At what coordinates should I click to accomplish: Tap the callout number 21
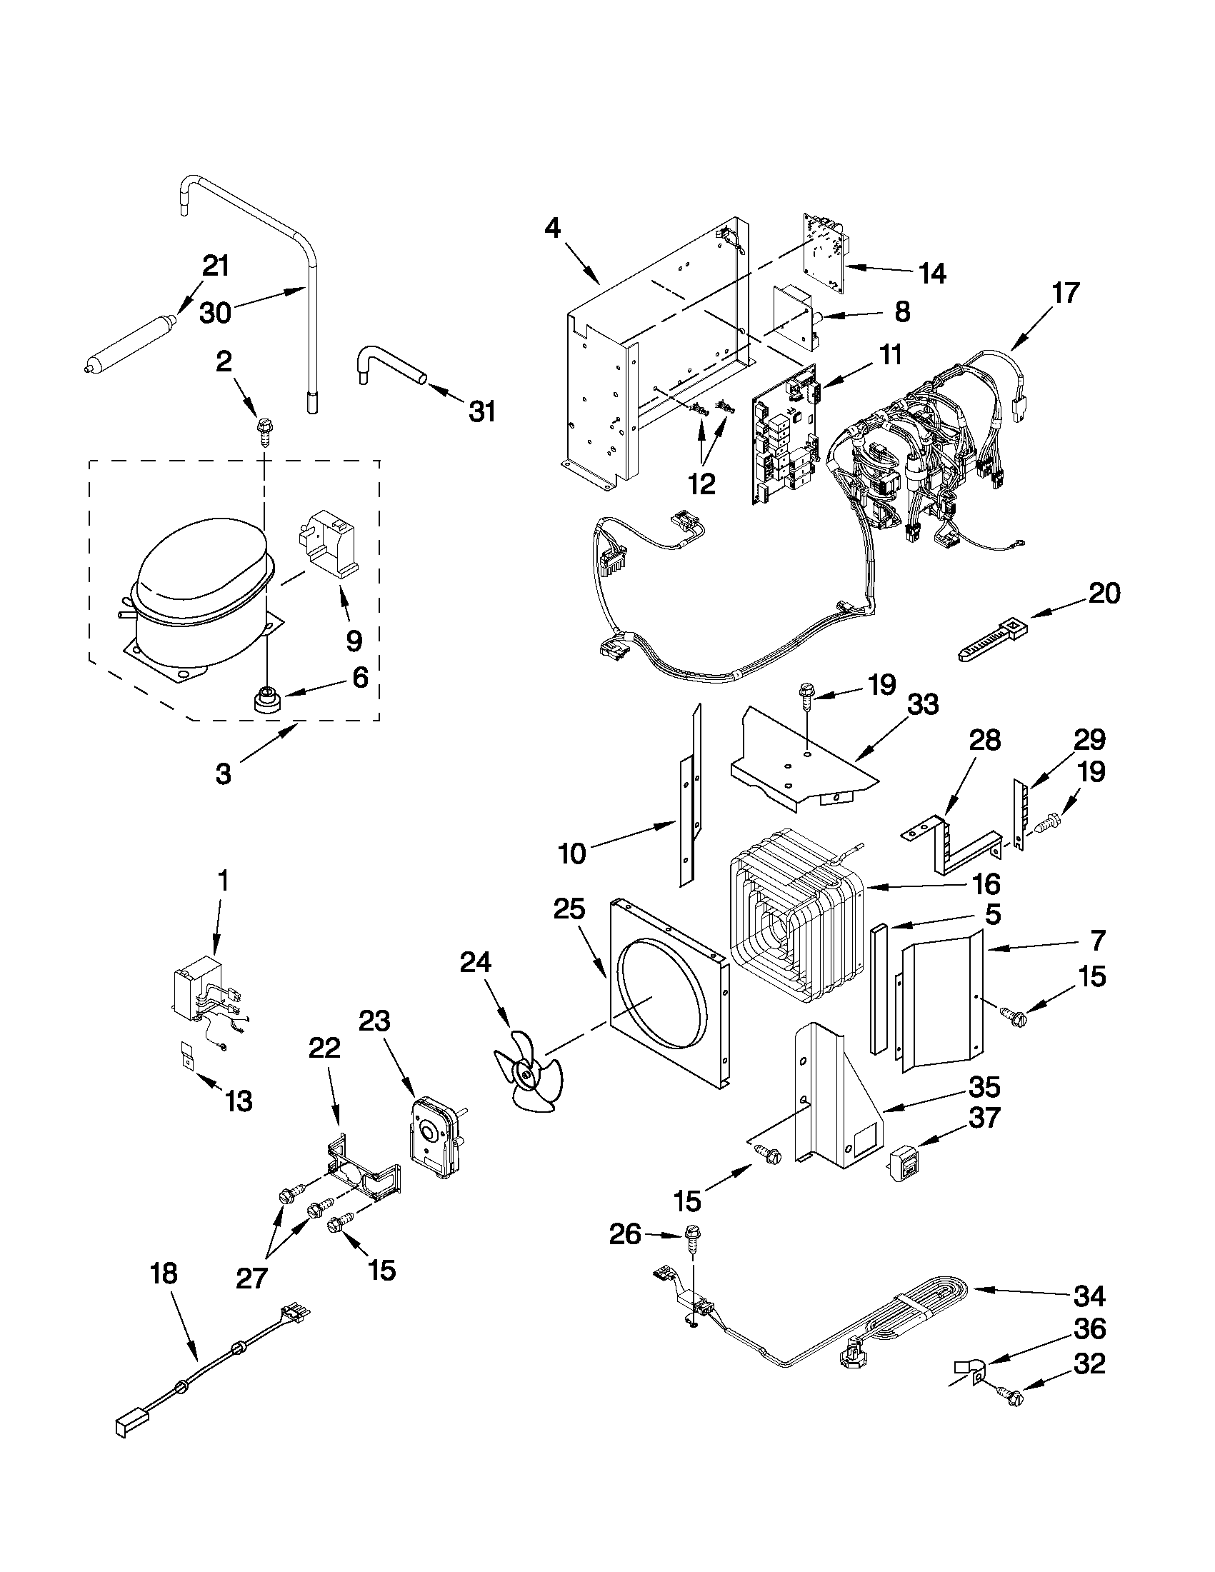click(215, 266)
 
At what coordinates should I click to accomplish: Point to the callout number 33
click(923, 704)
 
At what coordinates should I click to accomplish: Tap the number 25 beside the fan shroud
click(570, 911)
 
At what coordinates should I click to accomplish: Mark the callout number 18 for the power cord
click(164, 1273)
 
